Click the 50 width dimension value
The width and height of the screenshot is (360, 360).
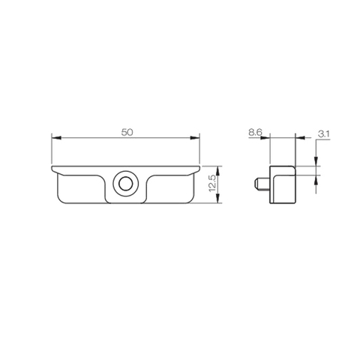[127, 131]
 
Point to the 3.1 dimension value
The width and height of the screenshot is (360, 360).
[324, 133]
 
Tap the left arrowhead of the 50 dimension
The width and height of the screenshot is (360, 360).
[54, 137]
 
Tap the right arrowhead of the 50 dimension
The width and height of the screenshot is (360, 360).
[198, 137]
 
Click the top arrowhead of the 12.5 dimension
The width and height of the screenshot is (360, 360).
[218, 167]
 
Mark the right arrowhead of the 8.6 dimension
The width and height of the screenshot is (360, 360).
[295, 137]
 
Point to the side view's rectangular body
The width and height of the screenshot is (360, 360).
[283, 183]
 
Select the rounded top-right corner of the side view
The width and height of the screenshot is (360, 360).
[293, 167]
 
